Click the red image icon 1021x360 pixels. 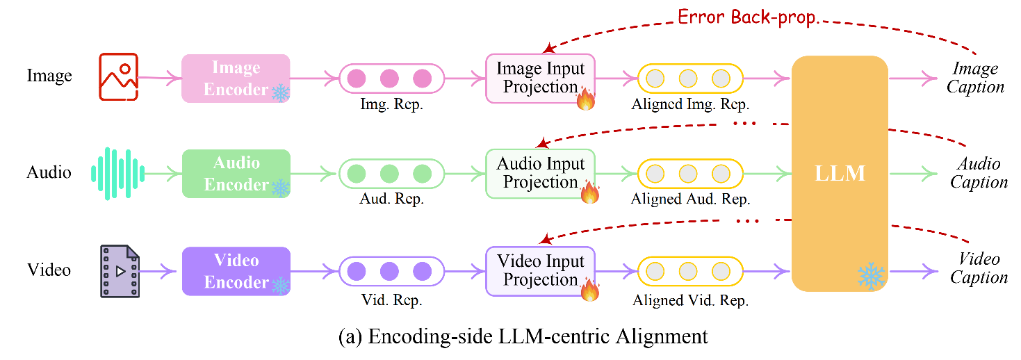click(119, 76)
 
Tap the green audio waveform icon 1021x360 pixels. click(117, 173)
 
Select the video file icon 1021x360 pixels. click(120, 271)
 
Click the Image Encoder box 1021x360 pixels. click(235, 79)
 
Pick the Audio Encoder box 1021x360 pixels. click(235, 174)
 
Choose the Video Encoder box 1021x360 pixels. click(235, 271)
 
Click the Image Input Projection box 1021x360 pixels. click(540, 78)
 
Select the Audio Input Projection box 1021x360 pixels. click(540, 173)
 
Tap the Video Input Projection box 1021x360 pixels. click(540, 270)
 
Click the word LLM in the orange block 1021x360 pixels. click(840, 173)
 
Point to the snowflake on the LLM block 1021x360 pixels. click(871, 276)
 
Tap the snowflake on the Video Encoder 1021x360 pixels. click(280, 285)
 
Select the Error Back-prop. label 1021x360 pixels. click(746, 17)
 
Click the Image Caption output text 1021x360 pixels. click(977, 78)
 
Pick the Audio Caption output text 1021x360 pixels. click(979, 173)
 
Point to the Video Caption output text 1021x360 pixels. click(979, 268)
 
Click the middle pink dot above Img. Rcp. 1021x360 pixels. click(390, 79)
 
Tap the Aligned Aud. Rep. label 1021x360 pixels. click(690, 199)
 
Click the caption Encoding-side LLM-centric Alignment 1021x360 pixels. click(523, 336)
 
